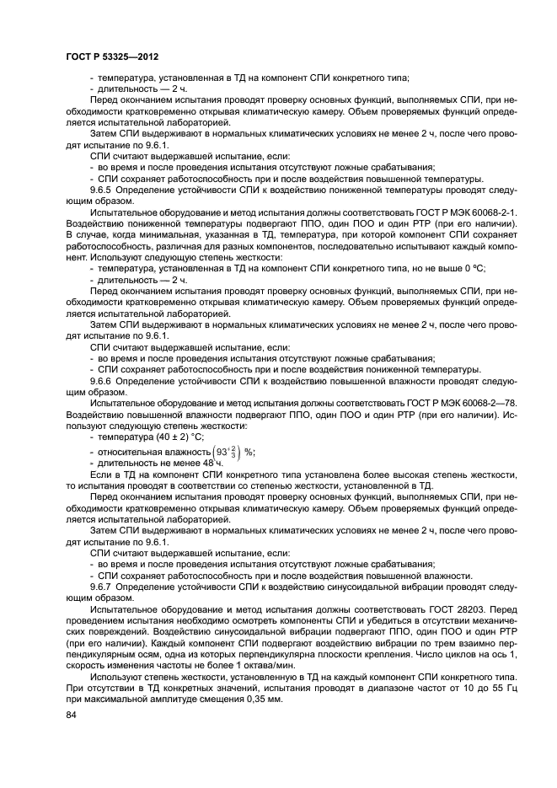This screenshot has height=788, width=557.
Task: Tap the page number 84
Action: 72,716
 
